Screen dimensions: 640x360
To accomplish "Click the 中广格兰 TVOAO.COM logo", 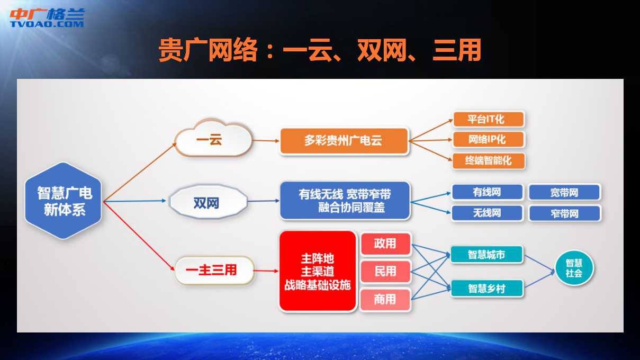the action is pyautogui.click(x=47, y=18).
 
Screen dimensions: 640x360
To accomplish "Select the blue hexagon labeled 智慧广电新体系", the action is pyautogui.click(x=63, y=201).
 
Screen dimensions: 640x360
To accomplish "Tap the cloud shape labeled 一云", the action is pyautogui.click(x=213, y=138).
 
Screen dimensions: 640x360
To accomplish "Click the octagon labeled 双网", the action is pyautogui.click(x=208, y=202).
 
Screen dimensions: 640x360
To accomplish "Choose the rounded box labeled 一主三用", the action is pyautogui.click(x=214, y=271).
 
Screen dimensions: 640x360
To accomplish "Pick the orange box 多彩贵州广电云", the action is pyautogui.click(x=344, y=141).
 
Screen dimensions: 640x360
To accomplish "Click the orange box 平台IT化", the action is pyautogui.click(x=489, y=119).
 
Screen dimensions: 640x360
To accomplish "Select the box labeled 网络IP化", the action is pyautogui.click(x=489, y=139).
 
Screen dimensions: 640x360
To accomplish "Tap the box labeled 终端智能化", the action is pyautogui.click(x=489, y=160).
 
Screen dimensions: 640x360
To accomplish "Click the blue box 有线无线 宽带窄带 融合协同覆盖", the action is pyautogui.click(x=345, y=201).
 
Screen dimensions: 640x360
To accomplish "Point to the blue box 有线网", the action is pyautogui.click(x=487, y=192).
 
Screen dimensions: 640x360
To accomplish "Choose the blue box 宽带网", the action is pyautogui.click(x=564, y=192).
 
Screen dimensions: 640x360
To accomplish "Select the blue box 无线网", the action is pyautogui.click(x=487, y=213).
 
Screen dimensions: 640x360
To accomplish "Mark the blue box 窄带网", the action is pyautogui.click(x=564, y=213).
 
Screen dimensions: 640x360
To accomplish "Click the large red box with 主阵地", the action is pyautogui.click(x=318, y=271).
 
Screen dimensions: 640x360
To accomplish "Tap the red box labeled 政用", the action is pyautogui.click(x=386, y=244).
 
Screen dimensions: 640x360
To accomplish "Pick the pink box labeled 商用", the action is pyautogui.click(x=385, y=300).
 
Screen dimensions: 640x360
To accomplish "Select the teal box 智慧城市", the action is pyautogui.click(x=487, y=254).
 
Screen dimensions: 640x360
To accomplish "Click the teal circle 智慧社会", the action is pyautogui.click(x=574, y=268).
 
